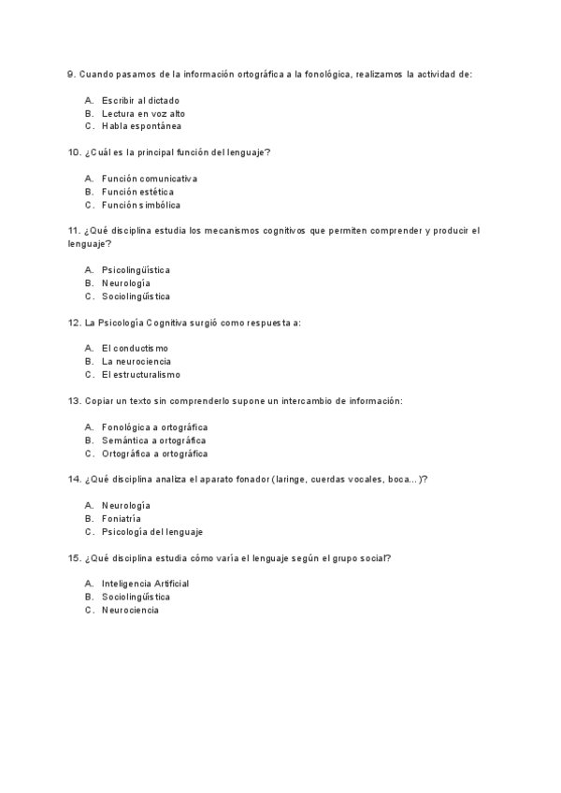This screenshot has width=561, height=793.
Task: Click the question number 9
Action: pos(58,74)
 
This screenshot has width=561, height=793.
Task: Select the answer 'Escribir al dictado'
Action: pos(140,100)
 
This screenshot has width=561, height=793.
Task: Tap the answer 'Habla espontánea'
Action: pos(141,126)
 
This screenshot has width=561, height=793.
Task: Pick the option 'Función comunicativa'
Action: pos(150,179)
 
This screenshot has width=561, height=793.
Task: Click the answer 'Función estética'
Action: pos(137,192)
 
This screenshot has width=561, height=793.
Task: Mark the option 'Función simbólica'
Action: pos(141,205)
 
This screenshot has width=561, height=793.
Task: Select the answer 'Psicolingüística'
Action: pos(136,270)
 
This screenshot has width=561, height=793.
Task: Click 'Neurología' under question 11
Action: pos(125,283)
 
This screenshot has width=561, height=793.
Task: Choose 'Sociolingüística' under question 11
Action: pos(136,296)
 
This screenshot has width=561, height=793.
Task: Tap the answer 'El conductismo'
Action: pos(135,349)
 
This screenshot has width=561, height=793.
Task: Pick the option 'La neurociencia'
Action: pos(136,362)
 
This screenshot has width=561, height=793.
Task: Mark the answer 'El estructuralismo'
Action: pos(141,375)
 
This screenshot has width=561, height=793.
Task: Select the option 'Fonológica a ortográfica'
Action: pos(154,427)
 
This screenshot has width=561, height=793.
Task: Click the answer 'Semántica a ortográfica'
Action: pos(154,440)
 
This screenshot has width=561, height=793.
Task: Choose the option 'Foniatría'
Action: pos(122,518)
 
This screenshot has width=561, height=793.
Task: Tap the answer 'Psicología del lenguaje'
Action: pos(151,531)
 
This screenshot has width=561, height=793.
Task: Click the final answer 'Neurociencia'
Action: pos(130,610)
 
